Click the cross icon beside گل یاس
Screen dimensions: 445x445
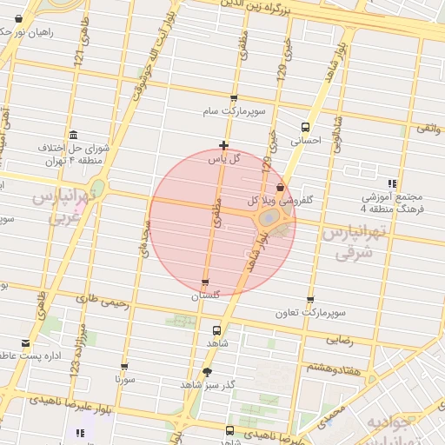(x=224, y=145)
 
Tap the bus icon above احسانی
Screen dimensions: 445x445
(x=304, y=126)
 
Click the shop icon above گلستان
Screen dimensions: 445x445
(x=205, y=282)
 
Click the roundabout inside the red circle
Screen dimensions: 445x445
(x=269, y=216)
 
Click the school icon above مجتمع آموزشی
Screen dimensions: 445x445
(x=393, y=183)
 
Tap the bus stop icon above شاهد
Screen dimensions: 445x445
(x=216, y=330)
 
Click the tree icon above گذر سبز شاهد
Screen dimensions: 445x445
(x=207, y=372)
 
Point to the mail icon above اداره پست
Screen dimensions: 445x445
(x=25, y=343)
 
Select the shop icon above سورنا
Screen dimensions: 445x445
(x=124, y=367)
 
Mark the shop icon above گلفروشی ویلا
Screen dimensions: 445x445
(x=279, y=187)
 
